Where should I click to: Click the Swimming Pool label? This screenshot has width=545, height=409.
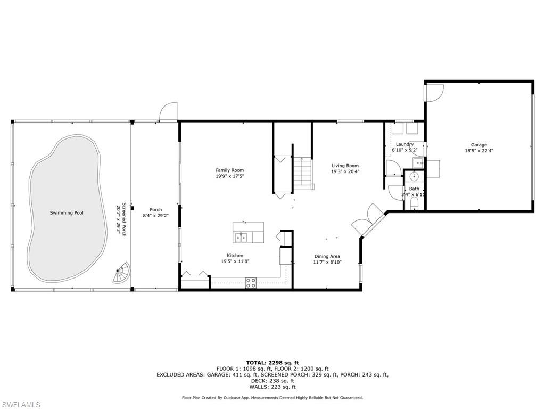67,213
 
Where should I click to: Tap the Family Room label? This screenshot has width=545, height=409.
230,170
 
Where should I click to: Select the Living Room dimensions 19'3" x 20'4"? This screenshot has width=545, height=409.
345,171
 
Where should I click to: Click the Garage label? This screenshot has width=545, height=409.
479,145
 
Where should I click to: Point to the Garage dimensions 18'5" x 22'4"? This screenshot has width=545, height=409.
479,151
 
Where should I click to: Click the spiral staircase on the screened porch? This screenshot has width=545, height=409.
121,273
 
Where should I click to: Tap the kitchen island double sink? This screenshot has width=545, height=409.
241,238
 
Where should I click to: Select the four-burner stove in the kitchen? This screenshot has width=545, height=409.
251,282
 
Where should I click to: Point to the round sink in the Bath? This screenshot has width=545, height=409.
414,177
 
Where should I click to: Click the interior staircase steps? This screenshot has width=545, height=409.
303,173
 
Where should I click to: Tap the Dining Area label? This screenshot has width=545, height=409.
327,256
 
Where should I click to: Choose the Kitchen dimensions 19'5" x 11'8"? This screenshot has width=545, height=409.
235,262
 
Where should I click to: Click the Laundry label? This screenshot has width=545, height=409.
404,144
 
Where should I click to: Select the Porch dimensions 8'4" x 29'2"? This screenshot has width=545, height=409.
156,216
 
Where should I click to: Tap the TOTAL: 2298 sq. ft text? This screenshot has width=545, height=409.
272,362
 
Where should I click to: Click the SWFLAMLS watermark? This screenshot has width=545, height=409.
20,405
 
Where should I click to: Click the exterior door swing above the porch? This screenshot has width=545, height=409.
168,112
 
